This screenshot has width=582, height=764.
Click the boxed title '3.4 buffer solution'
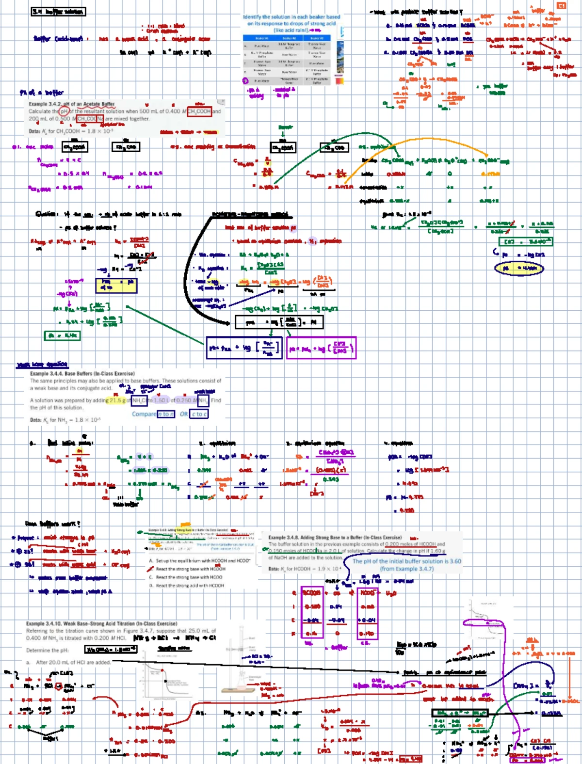click(58, 12)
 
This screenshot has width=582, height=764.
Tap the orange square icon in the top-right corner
click(561, 6)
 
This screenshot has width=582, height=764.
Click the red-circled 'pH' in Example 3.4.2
click(64, 111)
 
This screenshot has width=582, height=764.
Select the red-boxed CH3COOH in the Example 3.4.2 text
click(199, 111)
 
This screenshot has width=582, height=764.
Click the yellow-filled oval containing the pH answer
click(519, 268)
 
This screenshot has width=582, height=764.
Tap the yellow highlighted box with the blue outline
click(116, 286)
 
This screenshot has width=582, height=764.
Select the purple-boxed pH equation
click(321, 348)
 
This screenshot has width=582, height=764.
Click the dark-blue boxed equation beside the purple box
click(244, 348)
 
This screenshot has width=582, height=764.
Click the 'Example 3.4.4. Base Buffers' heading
click(82, 374)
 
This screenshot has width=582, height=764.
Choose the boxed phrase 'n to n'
click(165, 414)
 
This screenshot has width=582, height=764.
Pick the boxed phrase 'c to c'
click(199, 414)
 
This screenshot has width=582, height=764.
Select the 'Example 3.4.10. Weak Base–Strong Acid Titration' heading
click(101, 623)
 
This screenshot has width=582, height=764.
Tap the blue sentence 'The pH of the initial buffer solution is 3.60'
click(406, 561)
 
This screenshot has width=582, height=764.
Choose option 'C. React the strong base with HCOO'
click(189, 577)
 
